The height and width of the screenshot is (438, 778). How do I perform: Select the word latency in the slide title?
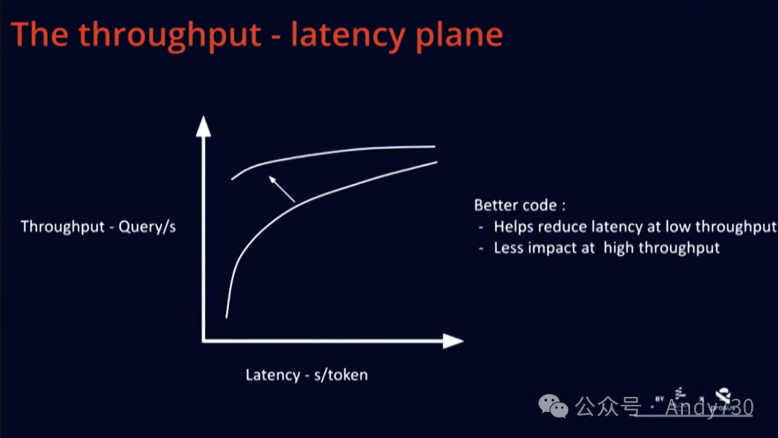point(349,35)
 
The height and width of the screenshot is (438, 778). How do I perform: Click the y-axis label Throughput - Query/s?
point(99,226)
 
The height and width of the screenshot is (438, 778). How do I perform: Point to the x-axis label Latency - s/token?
point(306,375)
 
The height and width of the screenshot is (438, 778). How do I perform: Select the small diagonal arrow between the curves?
point(282,189)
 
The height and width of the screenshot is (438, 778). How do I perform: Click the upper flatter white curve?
point(346,152)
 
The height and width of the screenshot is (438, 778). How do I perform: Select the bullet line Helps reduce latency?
point(634,226)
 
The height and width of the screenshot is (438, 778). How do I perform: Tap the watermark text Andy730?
point(709,407)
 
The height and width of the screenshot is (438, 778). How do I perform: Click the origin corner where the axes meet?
point(204,341)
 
